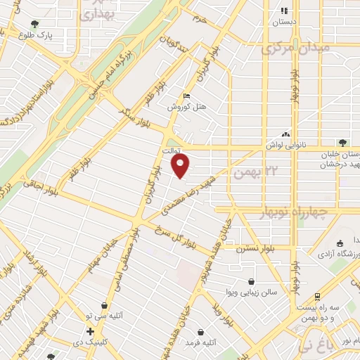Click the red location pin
coord(181,166)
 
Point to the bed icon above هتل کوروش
coord(186,97)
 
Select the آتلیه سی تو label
coord(108,317)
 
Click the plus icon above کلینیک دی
coord(90,332)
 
